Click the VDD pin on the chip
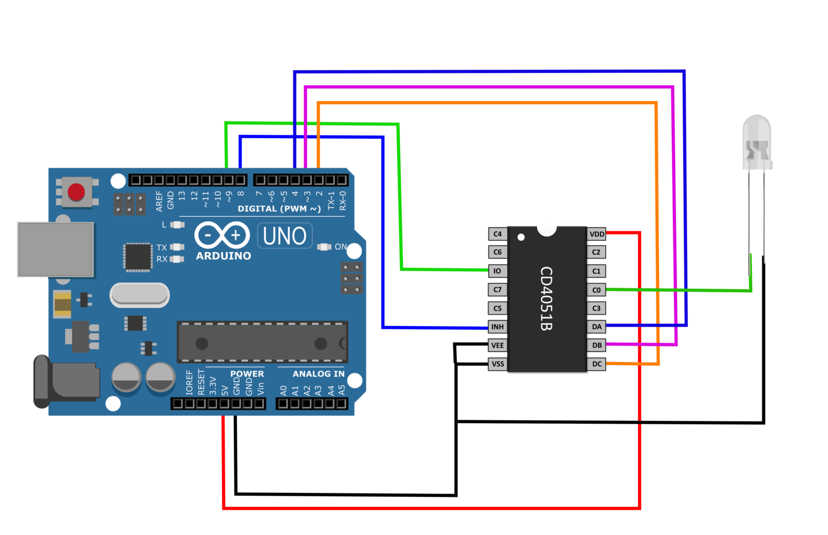[x=597, y=234]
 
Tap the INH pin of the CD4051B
[x=497, y=327]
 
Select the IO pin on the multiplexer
[x=497, y=271]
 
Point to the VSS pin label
[x=497, y=364]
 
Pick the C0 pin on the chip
[x=597, y=290]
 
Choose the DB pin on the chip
[x=597, y=345]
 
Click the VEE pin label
[x=497, y=345]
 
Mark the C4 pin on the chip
[x=497, y=234]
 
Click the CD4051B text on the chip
[x=546, y=298]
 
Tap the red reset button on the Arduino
[x=76, y=192]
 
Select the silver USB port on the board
[x=55, y=249]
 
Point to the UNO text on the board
[x=285, y=236]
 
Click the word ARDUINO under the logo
[x=224, y=256]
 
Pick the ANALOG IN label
[x=319, y=374]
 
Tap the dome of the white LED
[x=757, y=133]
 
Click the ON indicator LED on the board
[x=324, y=246]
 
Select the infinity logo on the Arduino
[x=222, y=235]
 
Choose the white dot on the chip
[x=521, y=237]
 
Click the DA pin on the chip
[x=597, y=327]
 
